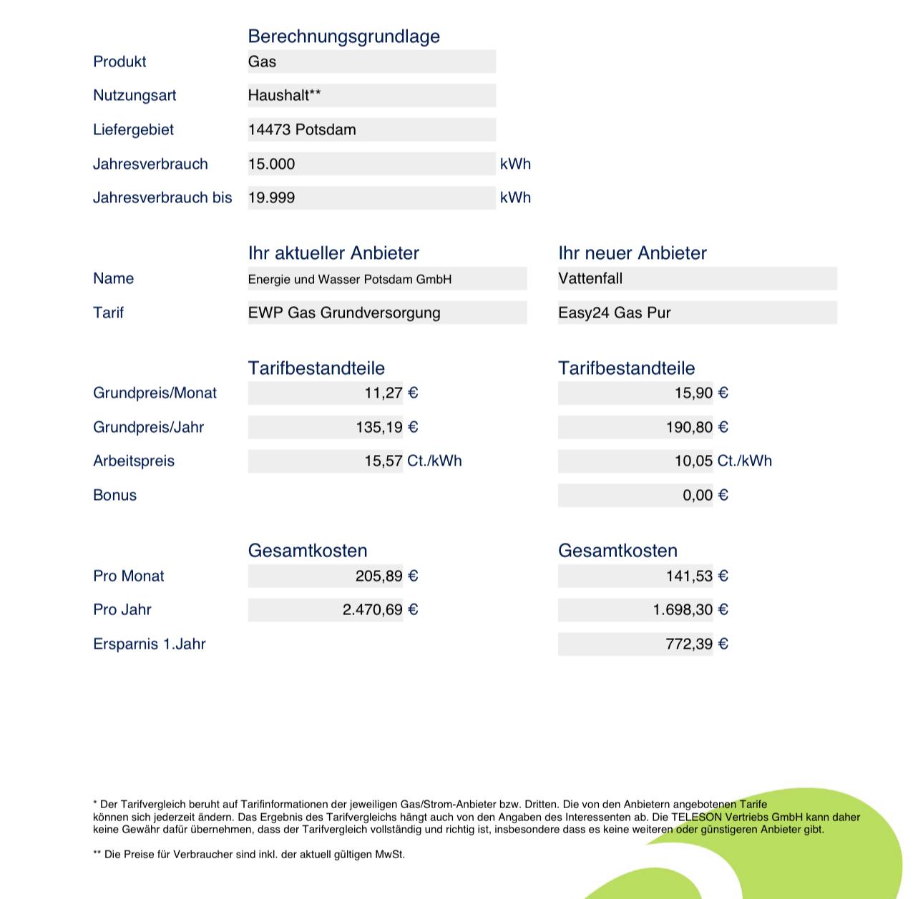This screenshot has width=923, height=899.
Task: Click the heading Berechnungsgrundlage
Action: (x=343, y=36)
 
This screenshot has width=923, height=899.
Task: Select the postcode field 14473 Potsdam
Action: (x=302, y=129)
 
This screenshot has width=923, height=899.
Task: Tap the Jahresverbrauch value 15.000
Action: (x=272, y=164)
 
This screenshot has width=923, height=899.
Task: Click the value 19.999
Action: (x=272, y=198)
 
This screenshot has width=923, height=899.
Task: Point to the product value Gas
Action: (x=263, y=62)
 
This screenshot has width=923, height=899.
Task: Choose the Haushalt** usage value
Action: (x=284, y=95)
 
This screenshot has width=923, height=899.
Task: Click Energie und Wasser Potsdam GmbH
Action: (x=350, y=279)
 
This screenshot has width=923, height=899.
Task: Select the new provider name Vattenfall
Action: (x=590, y=279)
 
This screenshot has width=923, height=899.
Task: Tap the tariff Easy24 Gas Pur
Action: (x=615, y=313)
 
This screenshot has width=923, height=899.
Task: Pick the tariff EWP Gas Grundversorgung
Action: (x=344, y=313)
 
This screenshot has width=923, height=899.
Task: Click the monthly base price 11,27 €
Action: (x=391, y=393)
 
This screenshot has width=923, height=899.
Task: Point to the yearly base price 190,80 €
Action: (x=697, y=427)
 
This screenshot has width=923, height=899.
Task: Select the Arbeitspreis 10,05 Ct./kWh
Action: (x=723, y=461)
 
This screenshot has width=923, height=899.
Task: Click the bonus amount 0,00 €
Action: (x=705, y=495)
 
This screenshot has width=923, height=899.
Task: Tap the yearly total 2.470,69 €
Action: (x=380, y=610)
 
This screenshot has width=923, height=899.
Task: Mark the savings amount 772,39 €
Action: (x=696, y=644)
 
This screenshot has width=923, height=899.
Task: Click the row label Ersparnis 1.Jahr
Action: (x=150, y=644)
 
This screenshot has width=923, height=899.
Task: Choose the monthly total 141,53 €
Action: (x=696, y=576)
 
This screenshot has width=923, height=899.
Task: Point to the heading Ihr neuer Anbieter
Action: (x=633, y=253)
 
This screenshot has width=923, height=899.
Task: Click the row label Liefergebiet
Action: (x=133, y=129)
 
